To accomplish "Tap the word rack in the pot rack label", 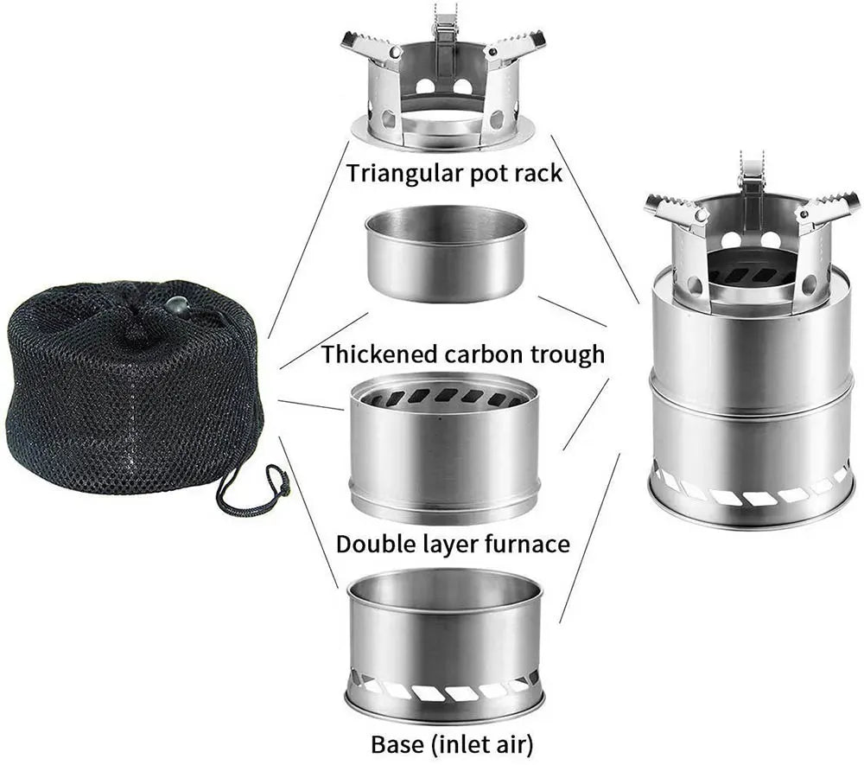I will pyautogui.click(x=537, y=172).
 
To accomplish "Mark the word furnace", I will pyautogui.click(x=530, y=544).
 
